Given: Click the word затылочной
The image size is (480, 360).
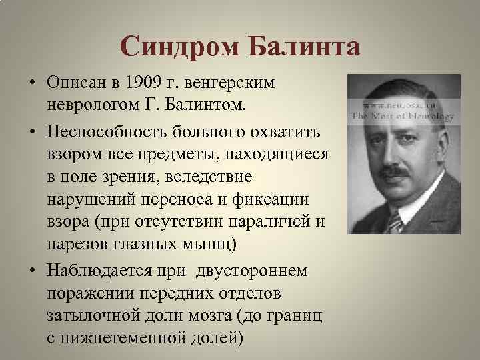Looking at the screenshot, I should pyautogui.click(x=89, y=314).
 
